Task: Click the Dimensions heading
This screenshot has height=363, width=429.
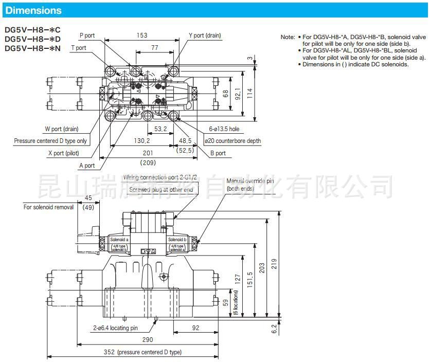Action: click(33, 10)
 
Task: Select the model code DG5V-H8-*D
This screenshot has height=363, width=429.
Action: click(32, 39)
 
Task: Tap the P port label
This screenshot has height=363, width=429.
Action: click(87, 35)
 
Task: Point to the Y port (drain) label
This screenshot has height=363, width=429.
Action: click(204, 35)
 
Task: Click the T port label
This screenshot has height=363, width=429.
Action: click(78, 48)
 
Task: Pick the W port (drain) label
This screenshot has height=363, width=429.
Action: click(61, 129)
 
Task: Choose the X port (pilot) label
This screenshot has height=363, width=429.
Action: click(63, 153)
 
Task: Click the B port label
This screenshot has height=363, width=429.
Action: click(218, 153)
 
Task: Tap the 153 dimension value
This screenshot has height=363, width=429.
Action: click(142, 35)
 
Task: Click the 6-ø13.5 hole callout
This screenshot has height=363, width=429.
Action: click(224, 129)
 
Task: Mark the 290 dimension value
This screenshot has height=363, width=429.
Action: click(148, 340)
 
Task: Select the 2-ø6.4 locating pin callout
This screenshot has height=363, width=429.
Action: click(115, 328)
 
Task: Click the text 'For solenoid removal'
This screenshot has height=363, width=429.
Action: click(48, 207)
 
